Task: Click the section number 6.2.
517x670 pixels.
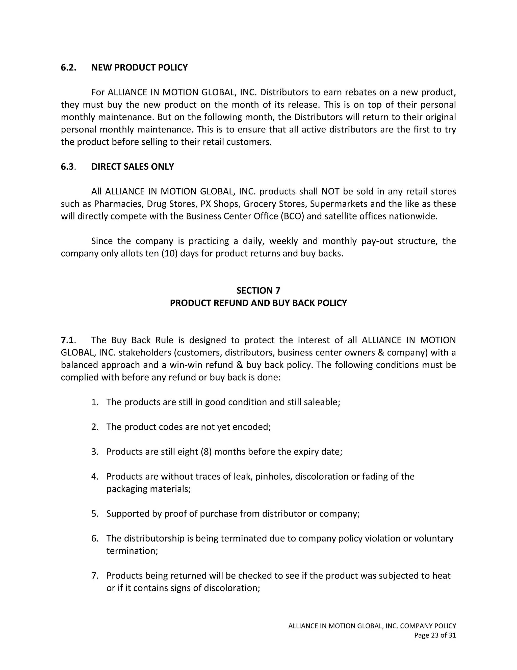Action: tap(68, 68)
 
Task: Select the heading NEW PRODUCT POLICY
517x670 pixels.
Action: tap(139, 68)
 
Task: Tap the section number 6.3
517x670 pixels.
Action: tap(68, 167)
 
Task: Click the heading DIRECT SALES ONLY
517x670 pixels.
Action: tap(132, 167)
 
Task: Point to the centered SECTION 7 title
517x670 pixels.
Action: tap(258, 290)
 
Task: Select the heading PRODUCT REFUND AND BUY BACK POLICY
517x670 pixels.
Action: tap(258, 303)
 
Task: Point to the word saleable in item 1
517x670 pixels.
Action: tap(322, 402)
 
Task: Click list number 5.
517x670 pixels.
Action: tap(95, 513)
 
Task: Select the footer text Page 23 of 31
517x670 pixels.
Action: tap(435, 635)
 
